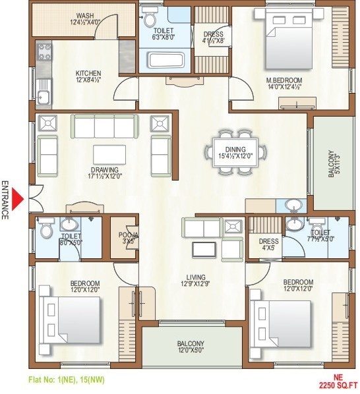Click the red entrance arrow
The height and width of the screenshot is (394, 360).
click(x=19, y=198)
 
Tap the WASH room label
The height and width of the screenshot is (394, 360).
click(x=85, y=19)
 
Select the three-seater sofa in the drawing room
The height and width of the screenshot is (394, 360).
click(x=104, y=125)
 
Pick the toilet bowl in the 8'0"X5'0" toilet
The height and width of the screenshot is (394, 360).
click(x=46, y=231)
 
